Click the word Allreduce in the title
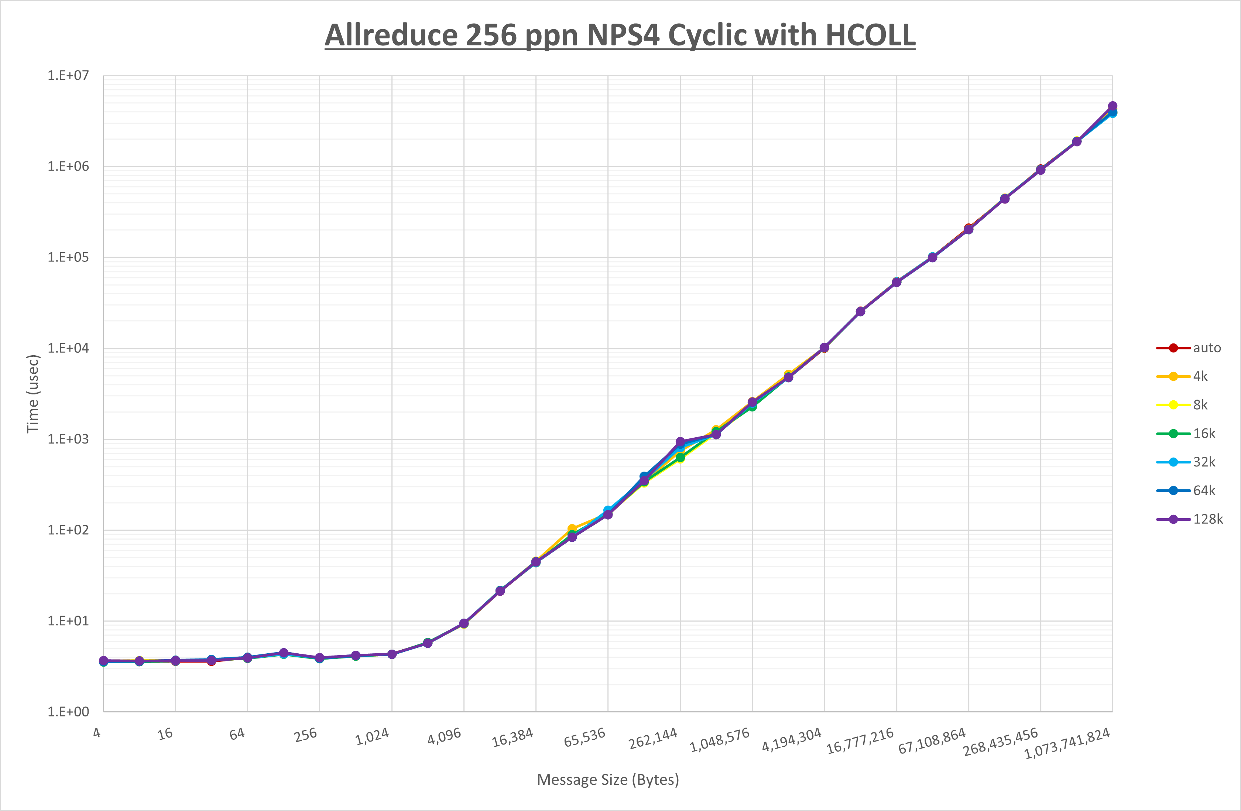(391, 35)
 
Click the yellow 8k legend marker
(1173, 405)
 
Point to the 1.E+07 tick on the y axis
(68, 76)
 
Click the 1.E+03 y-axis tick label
(68, 439)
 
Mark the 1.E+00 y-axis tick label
(68, 712)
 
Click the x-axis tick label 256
(306, 734)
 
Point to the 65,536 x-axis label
(584, 737)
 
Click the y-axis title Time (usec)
(32, 394)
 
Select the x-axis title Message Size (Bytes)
(608, 780)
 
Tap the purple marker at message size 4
(104, 661)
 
